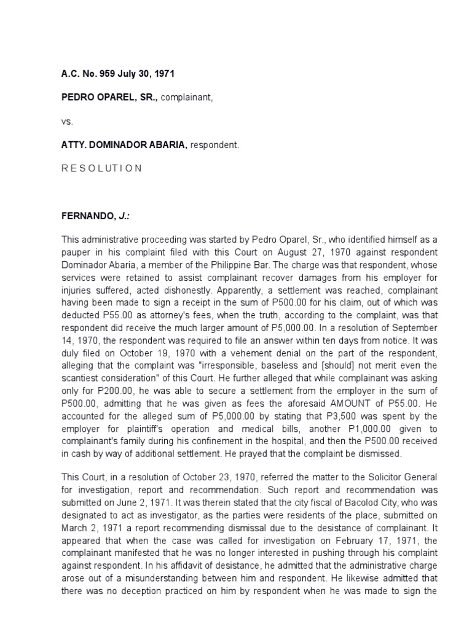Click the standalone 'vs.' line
[66, 122]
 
